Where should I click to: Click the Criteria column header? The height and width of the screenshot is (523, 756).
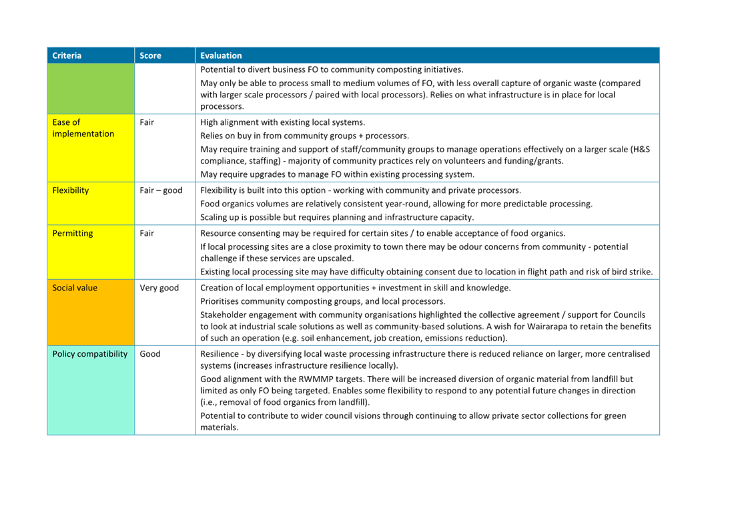tap(67, 55)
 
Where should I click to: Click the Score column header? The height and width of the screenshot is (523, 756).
tap(151, 55)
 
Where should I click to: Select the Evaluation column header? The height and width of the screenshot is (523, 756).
tap(221, 55)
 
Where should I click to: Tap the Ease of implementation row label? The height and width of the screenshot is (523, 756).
tap(83, 128)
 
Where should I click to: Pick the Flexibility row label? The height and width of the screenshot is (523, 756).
tap(71, 190)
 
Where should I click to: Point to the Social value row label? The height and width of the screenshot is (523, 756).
tap(75, 288)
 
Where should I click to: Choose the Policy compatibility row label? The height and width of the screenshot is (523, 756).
tap(90, 353)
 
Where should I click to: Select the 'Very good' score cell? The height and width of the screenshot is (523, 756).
tap(159, 288)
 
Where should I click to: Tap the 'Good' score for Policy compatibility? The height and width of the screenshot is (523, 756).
tap(150, 353)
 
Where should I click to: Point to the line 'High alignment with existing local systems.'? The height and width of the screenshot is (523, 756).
tap(283, 122)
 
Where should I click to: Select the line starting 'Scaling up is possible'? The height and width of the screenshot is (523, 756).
tap(337, 217)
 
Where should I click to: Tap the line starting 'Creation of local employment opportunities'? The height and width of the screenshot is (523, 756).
tap(356, 288)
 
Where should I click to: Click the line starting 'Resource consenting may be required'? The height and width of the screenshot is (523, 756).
tap(383, 233)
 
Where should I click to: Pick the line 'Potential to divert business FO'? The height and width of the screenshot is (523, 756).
tap(332, 69)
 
